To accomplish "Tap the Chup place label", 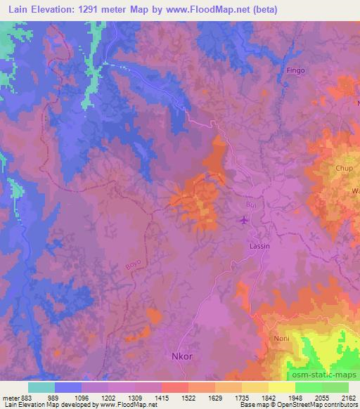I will click(345, 169).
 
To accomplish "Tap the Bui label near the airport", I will click(251, 204).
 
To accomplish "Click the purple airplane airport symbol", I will click(244, 221).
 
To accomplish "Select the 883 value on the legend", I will click(26, 397).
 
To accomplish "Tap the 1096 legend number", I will click(82, 397).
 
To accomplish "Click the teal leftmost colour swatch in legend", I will click(41, 387).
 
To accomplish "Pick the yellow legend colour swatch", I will click(281, 387).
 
